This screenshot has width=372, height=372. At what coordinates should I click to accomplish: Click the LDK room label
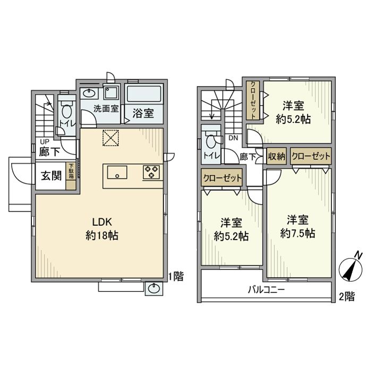pos(102,222)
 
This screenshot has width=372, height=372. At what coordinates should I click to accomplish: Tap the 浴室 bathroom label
pos(143,113)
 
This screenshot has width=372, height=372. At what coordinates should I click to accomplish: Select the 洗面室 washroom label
pos(106,108)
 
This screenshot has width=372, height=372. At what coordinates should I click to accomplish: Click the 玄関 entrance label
pos(51,176)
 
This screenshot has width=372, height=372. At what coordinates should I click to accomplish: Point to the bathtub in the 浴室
pos(144,94)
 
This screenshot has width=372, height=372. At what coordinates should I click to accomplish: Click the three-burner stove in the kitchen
pos(151,172)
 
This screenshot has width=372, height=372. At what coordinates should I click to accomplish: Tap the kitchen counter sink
pos(117,172)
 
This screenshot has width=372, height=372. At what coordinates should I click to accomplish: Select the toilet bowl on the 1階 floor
pos(67,109)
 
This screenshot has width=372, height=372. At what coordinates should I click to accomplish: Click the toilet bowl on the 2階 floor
pos(211,141)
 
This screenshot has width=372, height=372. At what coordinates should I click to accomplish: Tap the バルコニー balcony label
pos(266,290)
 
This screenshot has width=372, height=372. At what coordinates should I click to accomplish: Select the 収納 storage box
pos(277,156)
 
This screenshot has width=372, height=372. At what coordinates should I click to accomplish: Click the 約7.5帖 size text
pos(298,233)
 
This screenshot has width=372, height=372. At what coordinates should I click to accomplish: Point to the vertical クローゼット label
pos(253,100)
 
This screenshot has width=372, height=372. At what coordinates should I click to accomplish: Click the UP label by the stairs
pos(44,142)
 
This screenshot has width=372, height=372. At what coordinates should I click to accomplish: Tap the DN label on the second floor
pos(233,138)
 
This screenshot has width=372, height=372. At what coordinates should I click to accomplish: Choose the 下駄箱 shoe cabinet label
pos(71,171)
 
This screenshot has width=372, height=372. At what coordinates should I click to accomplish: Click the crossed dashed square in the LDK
pos(111,138)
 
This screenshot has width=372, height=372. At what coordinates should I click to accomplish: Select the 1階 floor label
pos(176,276)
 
